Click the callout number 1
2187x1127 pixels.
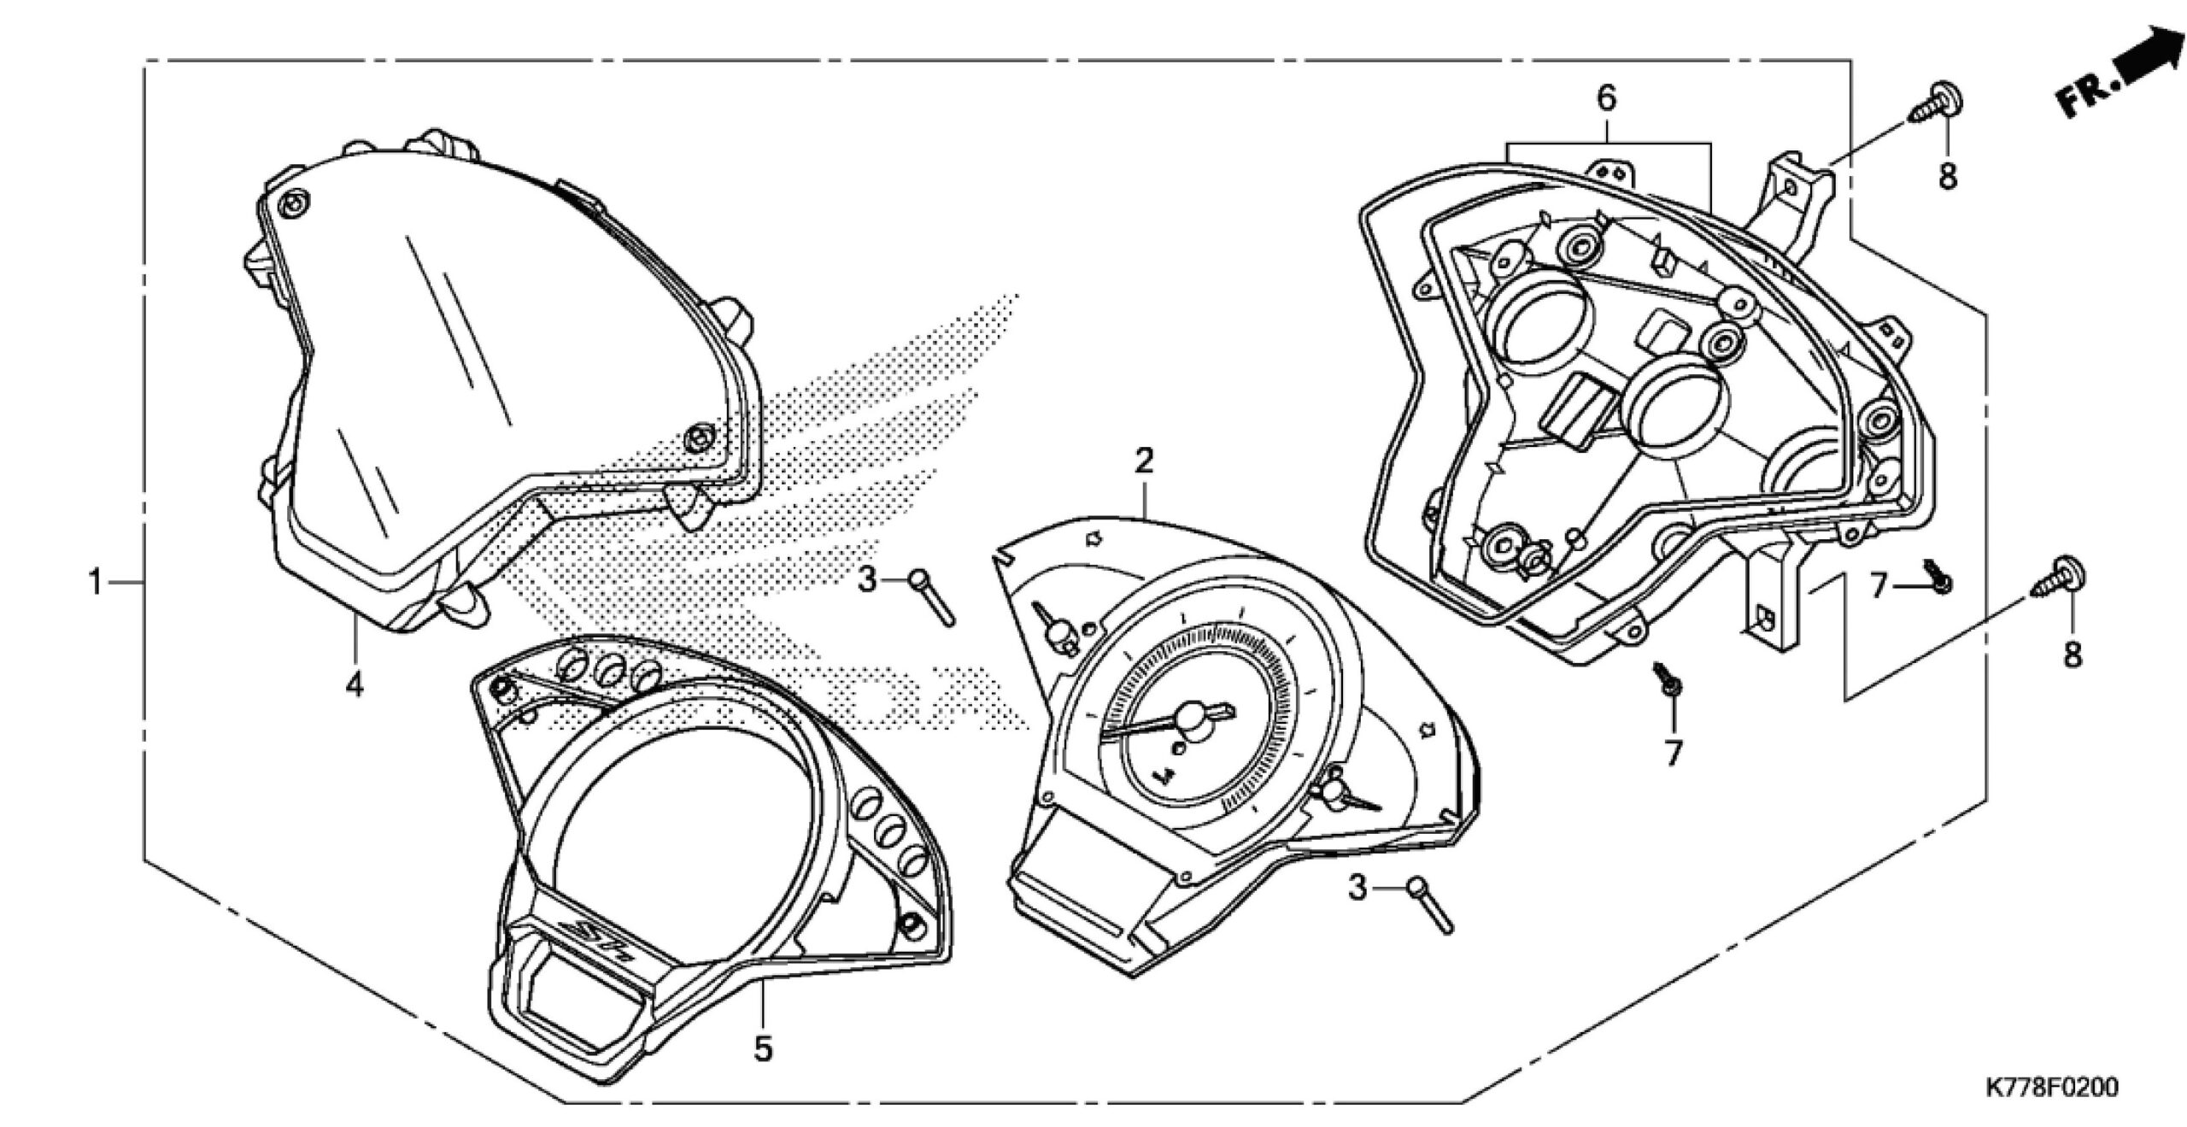pos(96,584)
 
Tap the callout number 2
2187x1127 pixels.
pos(1144,461)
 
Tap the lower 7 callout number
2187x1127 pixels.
pos(1672,753)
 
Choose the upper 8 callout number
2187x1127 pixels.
pos(1947,178)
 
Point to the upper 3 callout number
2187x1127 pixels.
pos(867,582)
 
